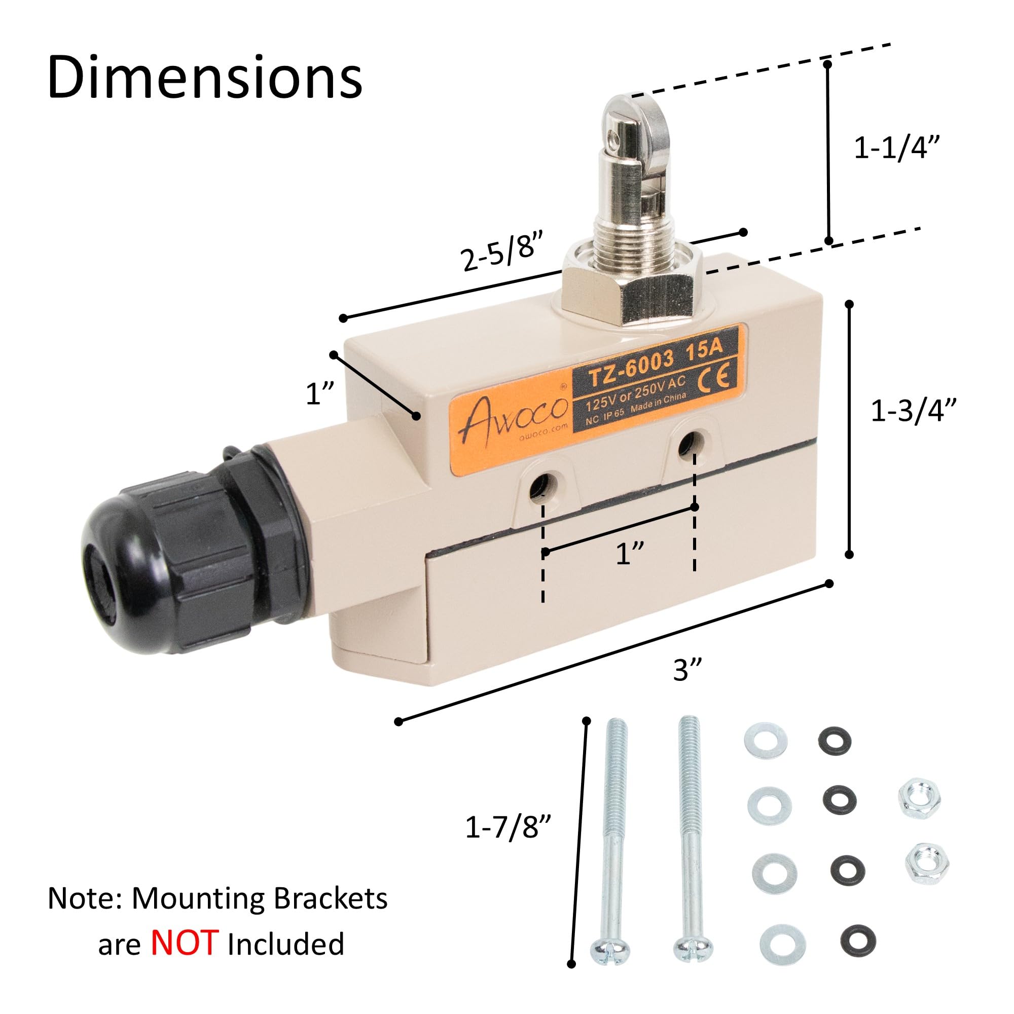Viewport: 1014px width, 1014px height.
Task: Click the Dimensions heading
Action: pyautogui.click(x=205, y=78)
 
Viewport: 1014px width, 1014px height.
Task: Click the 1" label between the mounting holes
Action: pyautogui.click(x=630, y=554)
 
